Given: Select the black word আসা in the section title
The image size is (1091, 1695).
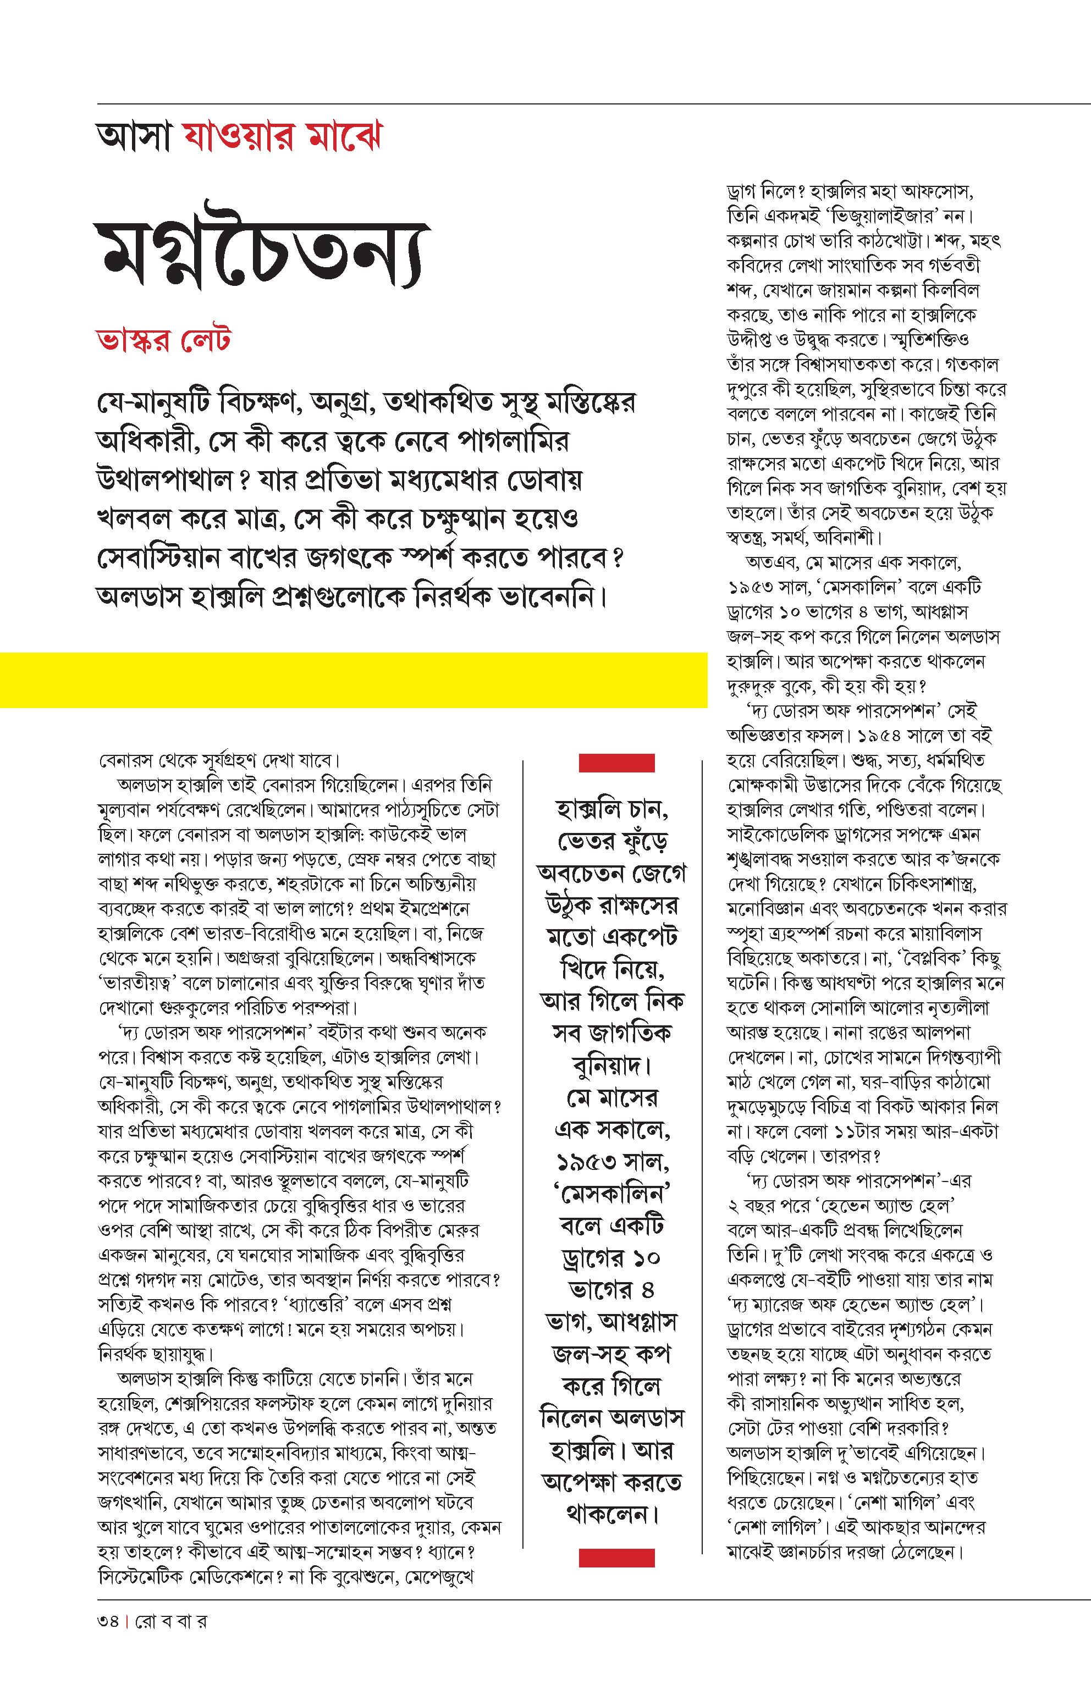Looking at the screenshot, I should (133, 137).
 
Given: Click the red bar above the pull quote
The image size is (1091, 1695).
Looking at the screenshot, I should (616, 763).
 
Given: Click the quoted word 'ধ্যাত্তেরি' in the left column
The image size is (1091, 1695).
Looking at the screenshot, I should (290, 1305).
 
